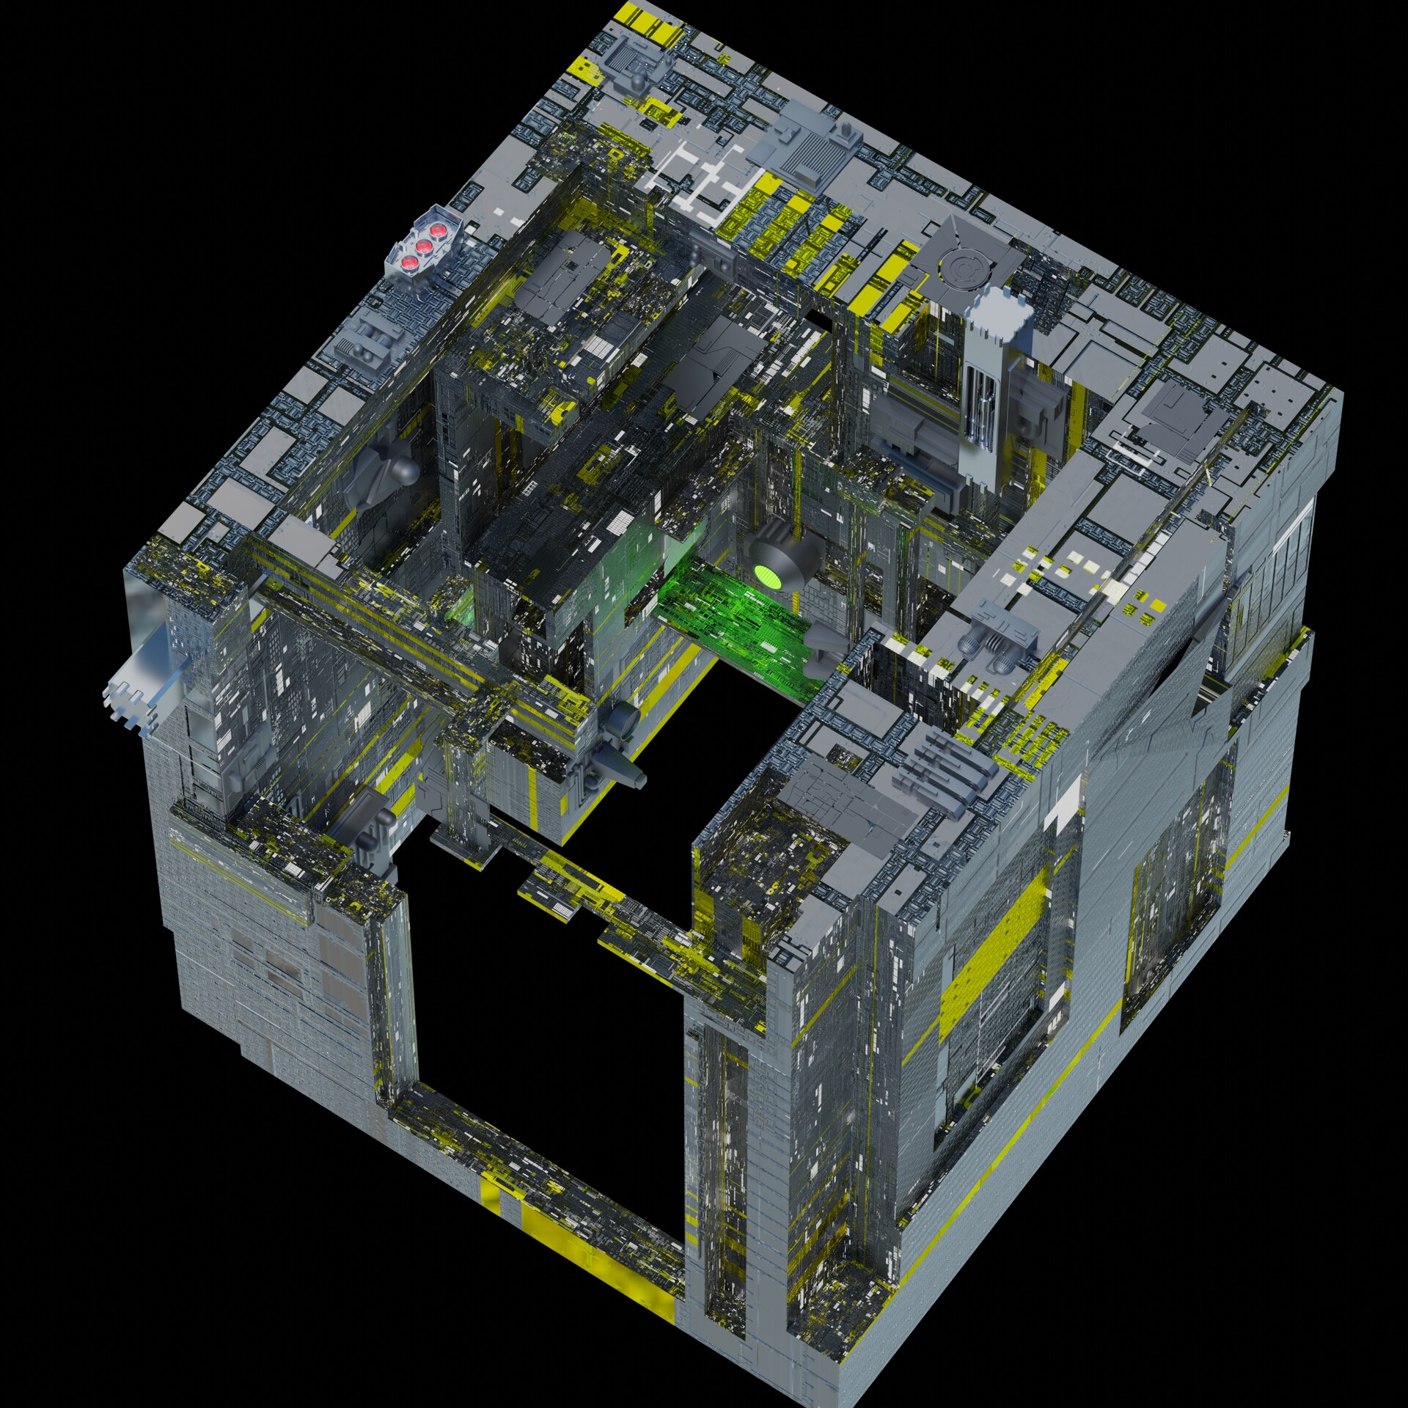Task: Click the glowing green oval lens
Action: [x=766, y=576]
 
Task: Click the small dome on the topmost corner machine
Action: [x=638, y=77]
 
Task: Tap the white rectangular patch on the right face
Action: [x=1067, y=807]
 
